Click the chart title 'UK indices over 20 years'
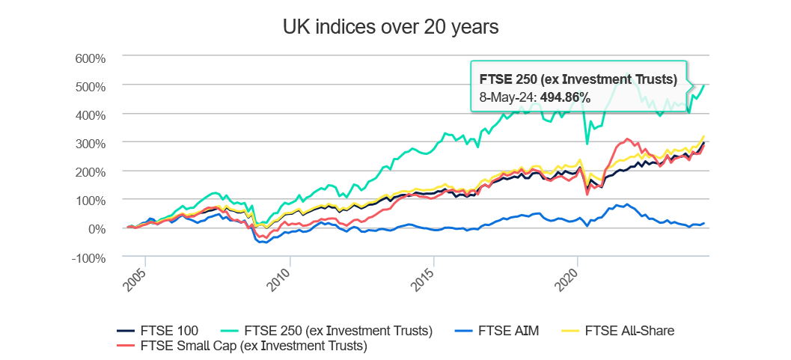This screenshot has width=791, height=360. [x=390, y=28]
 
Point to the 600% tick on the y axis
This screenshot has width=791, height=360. [x=91, y=58]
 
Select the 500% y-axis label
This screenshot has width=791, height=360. [x=91, y=86]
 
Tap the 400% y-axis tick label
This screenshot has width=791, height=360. [x=91, y=115]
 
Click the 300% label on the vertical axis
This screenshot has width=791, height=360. [x=91, y=143]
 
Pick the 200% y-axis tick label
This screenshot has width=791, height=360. [x=91, y=171]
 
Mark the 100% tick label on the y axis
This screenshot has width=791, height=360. [x=91, y=200]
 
